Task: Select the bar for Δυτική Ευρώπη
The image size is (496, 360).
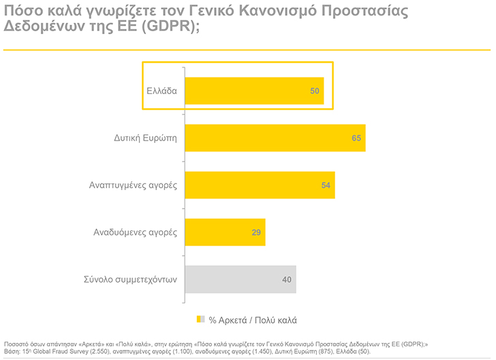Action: (x=273, y=138)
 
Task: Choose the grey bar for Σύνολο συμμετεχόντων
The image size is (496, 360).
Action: (x=238, y=279)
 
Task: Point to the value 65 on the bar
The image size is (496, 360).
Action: (x=356, y=138)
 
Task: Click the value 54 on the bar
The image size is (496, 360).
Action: (x=326, y=185)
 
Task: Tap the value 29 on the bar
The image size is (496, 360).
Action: (x=256, y=232)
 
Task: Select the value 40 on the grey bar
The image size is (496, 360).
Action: (x=287, y=280)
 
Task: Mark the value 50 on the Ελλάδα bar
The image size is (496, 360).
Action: (x=315, y=91)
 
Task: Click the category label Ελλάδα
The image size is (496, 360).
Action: (x=161, y=91)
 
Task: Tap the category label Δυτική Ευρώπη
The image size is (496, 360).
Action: (x=145, y=138)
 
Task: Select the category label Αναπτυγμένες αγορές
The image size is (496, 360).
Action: (x=133, y=185)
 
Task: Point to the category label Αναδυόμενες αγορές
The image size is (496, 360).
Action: (x=135, y=232)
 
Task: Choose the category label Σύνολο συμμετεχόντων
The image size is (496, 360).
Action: (x=130, y=280)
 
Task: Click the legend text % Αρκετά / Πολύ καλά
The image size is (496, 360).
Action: (x=252, y=319)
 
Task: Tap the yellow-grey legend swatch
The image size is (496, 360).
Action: (x=200, y=319)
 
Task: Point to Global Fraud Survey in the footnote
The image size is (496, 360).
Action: (x=59, y=351)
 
